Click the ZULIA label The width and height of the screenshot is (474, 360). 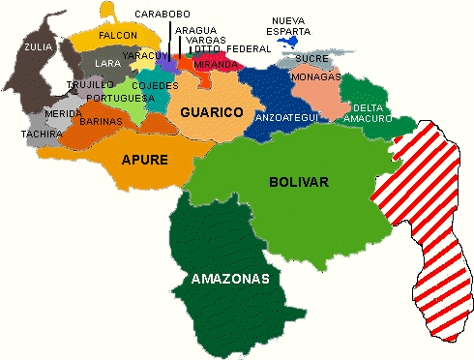(39, 45)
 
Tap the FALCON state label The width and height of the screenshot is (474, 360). (118, 35)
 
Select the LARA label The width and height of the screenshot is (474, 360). (107, 64)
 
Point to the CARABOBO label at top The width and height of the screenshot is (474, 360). (163, 14)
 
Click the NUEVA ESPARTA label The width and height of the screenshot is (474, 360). (291, 25)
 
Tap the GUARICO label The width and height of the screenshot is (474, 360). (211, 112)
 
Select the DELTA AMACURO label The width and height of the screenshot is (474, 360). (372, 112)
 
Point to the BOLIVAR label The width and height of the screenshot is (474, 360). (300, 181)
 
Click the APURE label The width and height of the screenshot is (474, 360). (144, 159)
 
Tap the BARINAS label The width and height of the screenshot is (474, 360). (101, 122)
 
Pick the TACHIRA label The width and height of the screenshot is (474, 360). (42, 134)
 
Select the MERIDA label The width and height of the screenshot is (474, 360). (63, 114)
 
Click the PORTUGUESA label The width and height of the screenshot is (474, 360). (120, 98)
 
